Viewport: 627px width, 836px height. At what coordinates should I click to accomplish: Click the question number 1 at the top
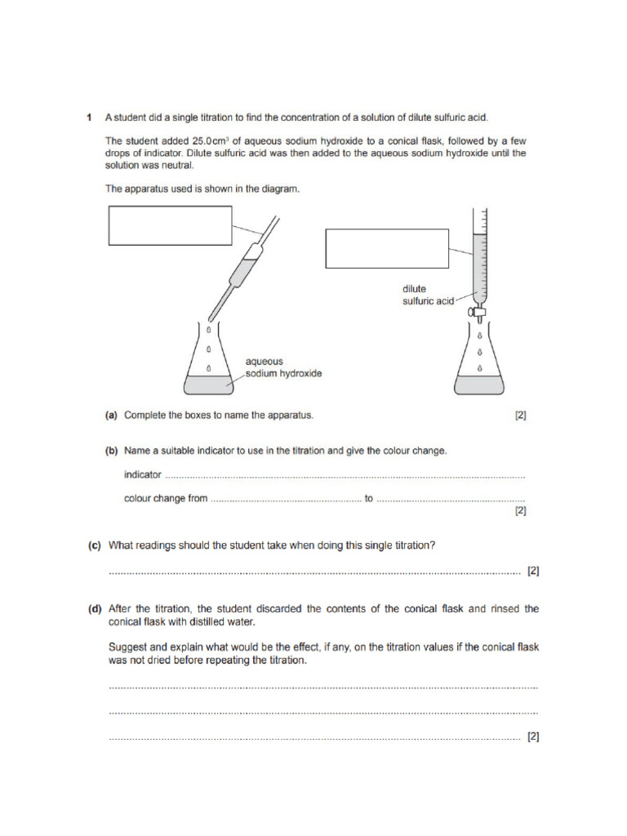89,118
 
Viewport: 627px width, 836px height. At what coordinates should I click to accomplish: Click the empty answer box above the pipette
170,225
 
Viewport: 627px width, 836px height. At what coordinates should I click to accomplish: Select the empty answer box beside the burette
387,249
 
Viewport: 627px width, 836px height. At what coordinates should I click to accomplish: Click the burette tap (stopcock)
479,311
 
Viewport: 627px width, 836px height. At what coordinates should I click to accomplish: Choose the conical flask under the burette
479,363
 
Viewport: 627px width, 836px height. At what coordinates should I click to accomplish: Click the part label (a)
112,415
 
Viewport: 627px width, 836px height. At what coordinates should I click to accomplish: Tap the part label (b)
112,451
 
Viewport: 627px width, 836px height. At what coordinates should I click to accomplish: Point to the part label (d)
96,608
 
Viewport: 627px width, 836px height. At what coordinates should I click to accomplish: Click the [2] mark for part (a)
520,415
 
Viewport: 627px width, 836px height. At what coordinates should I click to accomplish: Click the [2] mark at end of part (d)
532,736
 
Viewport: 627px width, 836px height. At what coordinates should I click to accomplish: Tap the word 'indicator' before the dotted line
143,474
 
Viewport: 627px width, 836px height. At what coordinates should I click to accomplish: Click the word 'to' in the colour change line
369,498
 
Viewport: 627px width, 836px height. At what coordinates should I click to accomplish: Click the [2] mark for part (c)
532,571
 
